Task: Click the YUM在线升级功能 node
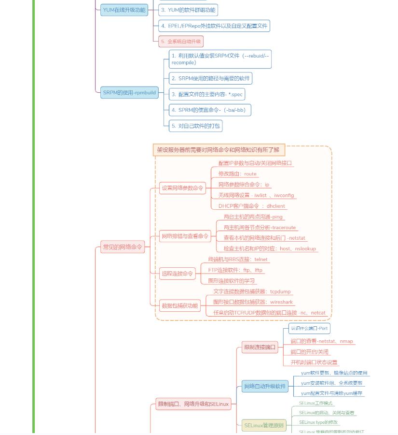124,10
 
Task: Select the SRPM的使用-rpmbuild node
129,92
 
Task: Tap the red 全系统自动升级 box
181,42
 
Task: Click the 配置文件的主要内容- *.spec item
207,94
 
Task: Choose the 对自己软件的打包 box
195,126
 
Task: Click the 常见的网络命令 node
123,247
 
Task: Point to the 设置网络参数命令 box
182,188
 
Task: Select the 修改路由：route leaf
237,174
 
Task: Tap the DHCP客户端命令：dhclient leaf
251,206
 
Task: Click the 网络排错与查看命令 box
185,236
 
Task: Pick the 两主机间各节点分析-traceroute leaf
260,228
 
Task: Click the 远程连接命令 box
177,274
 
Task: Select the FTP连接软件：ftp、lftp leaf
235,270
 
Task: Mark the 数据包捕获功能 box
179,305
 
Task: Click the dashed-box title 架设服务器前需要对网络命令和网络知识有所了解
218,150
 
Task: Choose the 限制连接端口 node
260,347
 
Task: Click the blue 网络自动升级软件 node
265,386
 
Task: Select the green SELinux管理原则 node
264,426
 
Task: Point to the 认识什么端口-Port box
309,329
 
